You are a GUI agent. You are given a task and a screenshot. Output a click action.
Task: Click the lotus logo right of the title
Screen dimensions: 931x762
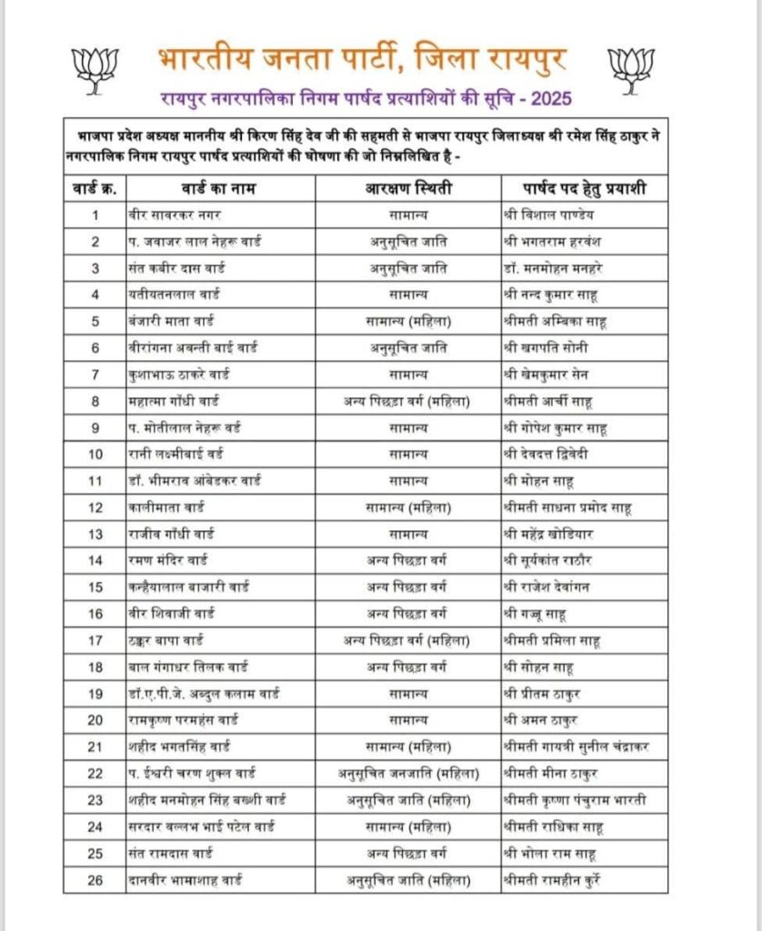point(631,68)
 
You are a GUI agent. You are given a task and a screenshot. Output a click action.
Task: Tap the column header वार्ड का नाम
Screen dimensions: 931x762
point(220,189)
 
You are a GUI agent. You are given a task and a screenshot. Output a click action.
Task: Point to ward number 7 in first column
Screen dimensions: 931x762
point(95,375)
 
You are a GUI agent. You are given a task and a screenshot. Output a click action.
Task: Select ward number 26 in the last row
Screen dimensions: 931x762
point(95,880)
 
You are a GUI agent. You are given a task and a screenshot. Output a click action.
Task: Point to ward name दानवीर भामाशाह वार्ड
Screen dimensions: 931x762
point(185,880)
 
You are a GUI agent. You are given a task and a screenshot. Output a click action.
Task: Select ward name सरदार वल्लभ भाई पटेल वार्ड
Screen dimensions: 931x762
point(202,826)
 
